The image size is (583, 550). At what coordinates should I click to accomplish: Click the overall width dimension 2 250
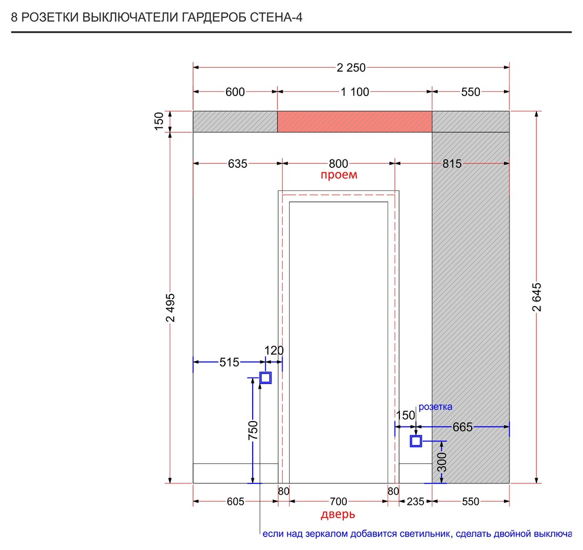pos(351,68)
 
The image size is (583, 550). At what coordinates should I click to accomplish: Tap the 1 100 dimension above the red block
pos(355,92)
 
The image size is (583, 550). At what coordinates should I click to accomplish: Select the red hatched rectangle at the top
pos(355,122)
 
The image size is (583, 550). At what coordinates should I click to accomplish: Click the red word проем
pos(339,175)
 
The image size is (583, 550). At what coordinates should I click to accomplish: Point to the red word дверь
pos(338,514)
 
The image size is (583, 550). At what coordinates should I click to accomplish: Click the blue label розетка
pos(435,407)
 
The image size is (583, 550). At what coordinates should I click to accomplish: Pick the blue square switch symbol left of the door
pos(266,378)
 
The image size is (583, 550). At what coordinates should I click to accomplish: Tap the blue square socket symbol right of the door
pos(416,442)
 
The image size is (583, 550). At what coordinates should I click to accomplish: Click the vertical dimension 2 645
pos(537,297)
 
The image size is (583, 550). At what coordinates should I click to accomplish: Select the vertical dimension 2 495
pos(171,307)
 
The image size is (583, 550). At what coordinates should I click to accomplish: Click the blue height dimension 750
pos(253,430)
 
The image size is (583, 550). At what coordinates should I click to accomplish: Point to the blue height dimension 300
pos(442,462)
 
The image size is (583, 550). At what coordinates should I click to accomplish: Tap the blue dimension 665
pos(462,427)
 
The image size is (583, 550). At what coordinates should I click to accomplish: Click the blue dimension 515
pos(230,362)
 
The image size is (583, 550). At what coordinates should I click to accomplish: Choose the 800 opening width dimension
pos(339,164)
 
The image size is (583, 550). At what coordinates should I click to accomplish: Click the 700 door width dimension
pos(339,502)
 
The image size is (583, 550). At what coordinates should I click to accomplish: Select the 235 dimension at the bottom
pos(415,502)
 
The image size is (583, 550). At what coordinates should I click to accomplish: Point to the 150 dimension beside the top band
pos(159,121)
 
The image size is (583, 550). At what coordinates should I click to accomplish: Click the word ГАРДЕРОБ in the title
pos(214,18)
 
